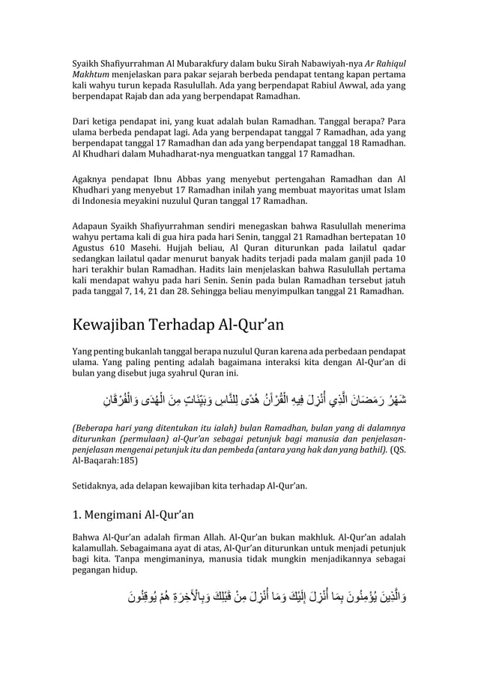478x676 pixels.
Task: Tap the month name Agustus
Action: pos(91,247)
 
